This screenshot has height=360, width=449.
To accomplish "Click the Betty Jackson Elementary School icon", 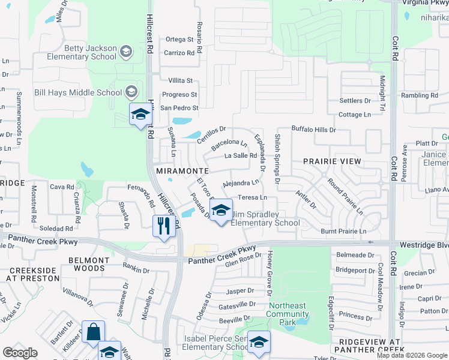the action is click(126, 52).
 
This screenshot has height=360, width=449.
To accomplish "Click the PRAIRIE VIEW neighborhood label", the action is click(332, 161).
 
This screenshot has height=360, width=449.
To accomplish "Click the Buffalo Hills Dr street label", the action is click(313, 129).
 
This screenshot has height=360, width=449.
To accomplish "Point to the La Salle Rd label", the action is click(241, 156).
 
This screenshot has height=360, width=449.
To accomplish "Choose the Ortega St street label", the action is click(179, 40).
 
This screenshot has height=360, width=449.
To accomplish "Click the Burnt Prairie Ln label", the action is click(343, 231).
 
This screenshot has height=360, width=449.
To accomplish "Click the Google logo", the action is click(20, 353).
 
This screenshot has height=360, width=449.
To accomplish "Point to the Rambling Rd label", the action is click(423, 95).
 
